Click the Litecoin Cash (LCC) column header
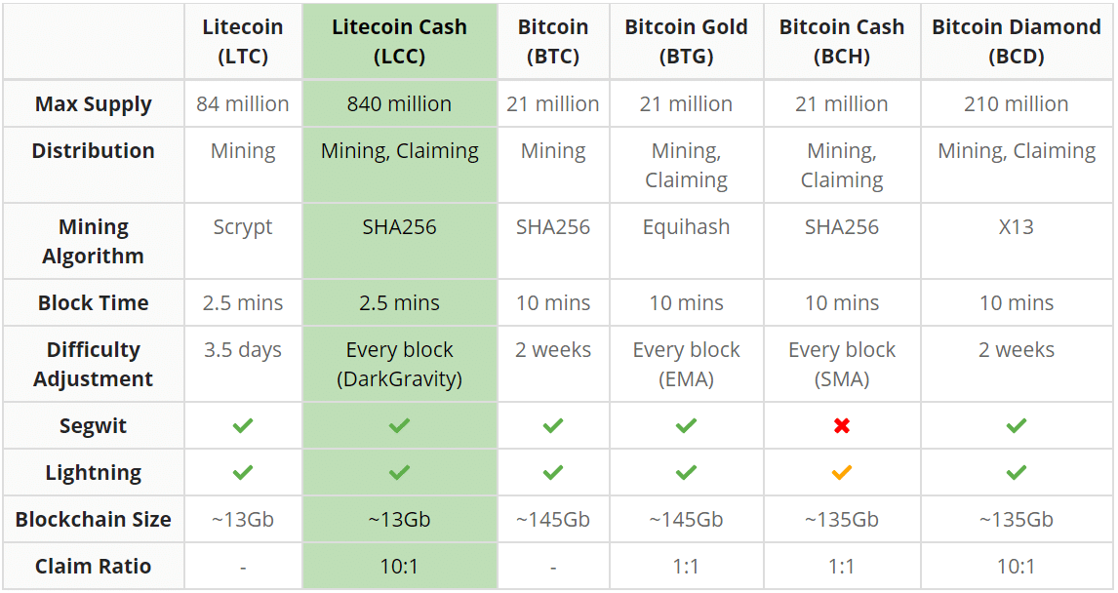(399, 41)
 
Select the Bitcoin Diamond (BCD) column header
(1016, 41)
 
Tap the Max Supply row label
(94, 104)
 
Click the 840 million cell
(399, 104)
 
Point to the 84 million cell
(243, 104)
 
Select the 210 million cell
(1016, 104)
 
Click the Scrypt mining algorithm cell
(243, 227)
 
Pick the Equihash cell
(686, 227)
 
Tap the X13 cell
(1016, 227)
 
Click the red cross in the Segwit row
(841, 425)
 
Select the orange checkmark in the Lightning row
(841, 472)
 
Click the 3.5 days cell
(243, 350)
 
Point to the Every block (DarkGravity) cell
(399, 364)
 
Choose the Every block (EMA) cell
(686, 364)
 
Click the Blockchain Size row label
(94, 520)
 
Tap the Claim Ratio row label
(94, 567)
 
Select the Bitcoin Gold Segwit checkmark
(686, 425)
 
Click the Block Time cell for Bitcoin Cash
(841, 303)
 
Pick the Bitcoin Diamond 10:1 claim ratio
(1016, 567)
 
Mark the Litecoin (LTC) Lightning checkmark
(243, 472)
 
